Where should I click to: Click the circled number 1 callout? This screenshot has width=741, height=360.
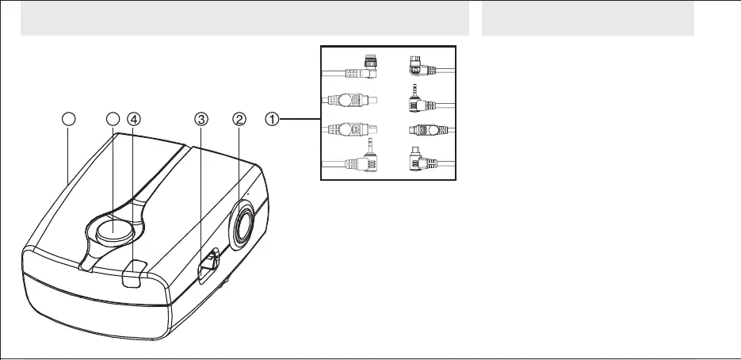click(271, 120)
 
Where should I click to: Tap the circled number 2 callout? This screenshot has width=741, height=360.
click(239, 120)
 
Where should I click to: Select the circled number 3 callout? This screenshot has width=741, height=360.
click(201, 120)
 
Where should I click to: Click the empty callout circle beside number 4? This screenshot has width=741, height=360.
click(113, 120)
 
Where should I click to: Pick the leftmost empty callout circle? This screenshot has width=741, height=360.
click(69, 120)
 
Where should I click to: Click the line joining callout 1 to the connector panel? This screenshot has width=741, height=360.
click(299, 120)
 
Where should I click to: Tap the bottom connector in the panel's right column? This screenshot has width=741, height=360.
click(417, 161)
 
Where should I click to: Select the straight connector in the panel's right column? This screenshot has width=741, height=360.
click(420, 130)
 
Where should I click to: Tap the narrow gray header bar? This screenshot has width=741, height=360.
click(587, 17)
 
